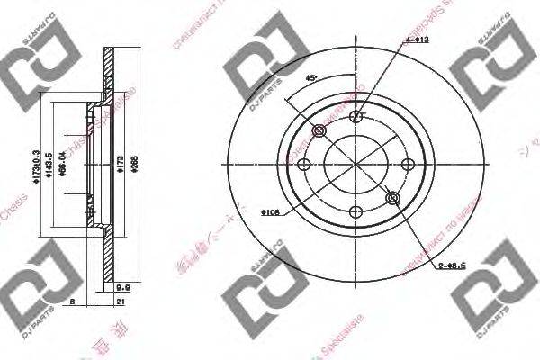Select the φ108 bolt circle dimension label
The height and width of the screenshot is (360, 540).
coord(272,212)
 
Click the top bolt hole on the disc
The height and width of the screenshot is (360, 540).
coord(356,115)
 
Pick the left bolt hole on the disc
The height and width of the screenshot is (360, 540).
coord(304,165)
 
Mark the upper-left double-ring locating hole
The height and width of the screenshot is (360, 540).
coord(319,132)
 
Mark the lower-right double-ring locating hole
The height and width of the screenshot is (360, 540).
coord(391,197)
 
